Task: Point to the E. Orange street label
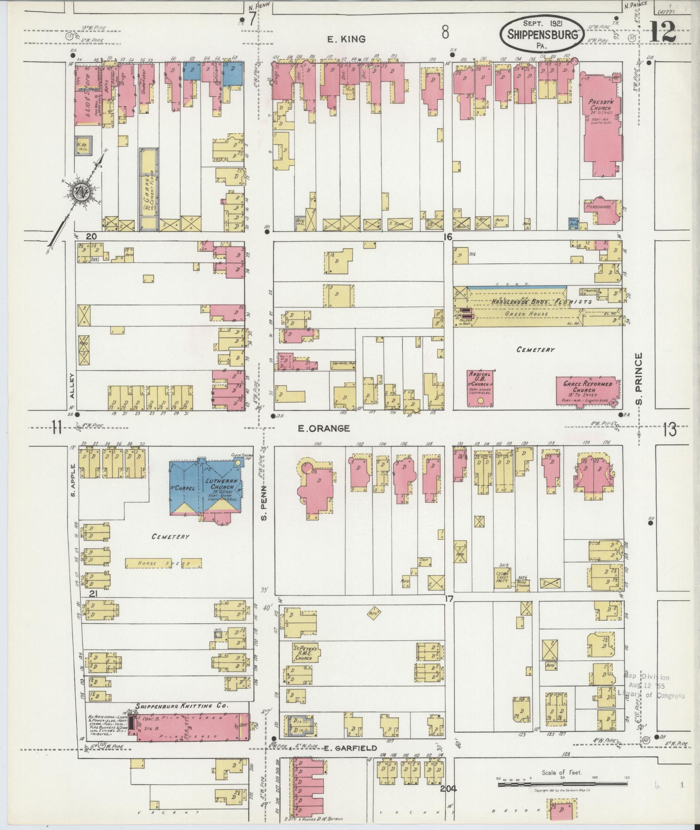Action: tap(324, 428)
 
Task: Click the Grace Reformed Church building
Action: tap(588, 390)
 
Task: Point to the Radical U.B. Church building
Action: tap(480, 387)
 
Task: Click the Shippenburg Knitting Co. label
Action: tap(181, 706)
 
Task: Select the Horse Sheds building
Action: tap(163, 564)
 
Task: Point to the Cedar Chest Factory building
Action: tap(503, 577)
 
